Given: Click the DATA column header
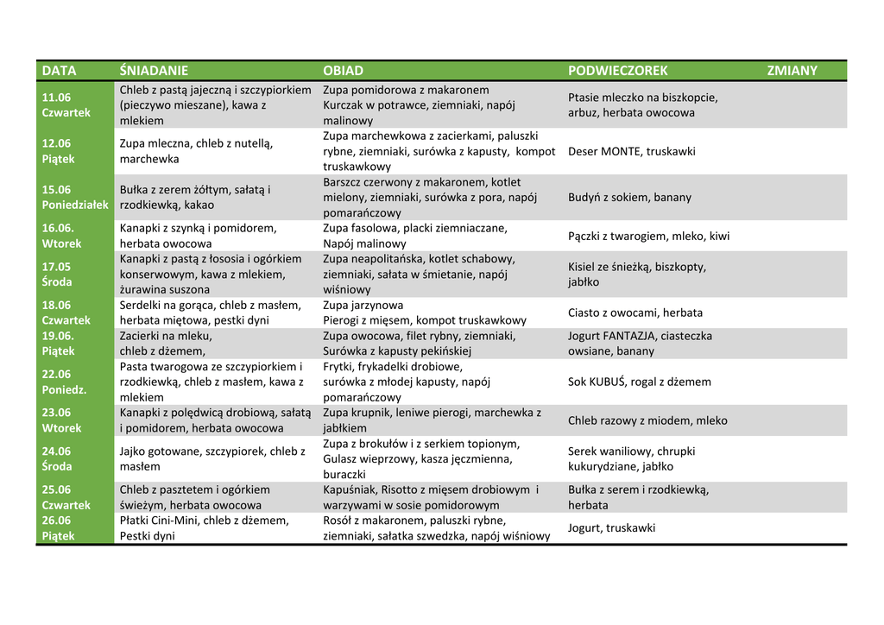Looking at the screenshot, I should click(x=60, y=71).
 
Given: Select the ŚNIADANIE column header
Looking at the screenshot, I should click(x=154, y=71).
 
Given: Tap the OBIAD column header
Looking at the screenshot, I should click(x=344, y=71).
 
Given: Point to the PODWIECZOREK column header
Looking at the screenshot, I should click(x=618, y=71).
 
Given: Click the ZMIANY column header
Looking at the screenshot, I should click(x=792, y=71).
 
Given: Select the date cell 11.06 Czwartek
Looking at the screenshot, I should click(x=66, y=105).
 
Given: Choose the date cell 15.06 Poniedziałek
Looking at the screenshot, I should click(x=75, y=198).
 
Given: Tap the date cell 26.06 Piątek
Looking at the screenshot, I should click(x=59, y=528).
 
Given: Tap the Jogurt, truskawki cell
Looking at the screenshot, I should click(x=611, y=528).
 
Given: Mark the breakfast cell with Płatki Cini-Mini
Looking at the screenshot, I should click(x=204, y=528).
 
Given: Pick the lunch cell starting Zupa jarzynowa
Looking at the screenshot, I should click(x=425, y=313).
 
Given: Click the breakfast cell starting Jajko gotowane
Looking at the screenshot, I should click(x=212, y=459).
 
